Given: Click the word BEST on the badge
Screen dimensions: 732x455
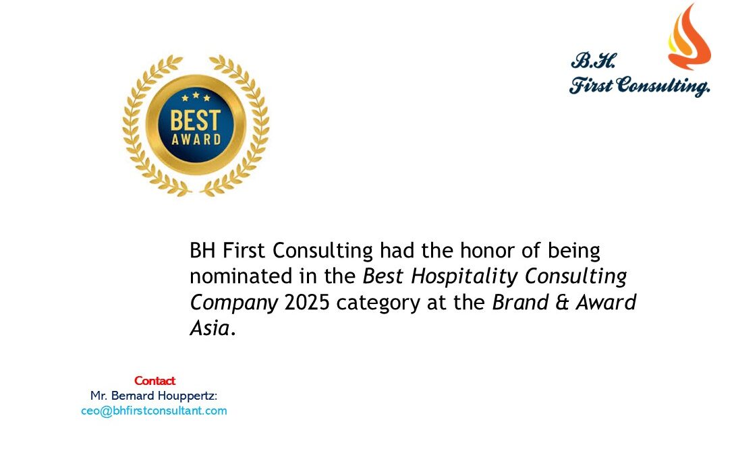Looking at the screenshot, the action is (x=195, y=121).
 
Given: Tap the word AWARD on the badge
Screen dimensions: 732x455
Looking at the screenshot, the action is (x=196, y=140).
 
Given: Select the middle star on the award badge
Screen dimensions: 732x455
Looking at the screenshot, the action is (x=196, y=95).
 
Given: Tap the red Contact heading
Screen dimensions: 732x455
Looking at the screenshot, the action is (x=154, y=381).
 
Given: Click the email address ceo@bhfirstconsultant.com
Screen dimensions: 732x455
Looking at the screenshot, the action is (x=154, y=411).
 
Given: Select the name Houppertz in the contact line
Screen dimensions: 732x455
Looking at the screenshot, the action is (x=187, y=396).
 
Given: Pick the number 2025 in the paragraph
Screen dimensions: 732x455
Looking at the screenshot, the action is (x=307, y=303).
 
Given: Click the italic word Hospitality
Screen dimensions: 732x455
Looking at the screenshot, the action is (x=464, y=277).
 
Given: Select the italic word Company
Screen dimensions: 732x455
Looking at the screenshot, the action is (x=234, y=303).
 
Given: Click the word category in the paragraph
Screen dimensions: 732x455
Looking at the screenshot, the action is (x=378, y=303).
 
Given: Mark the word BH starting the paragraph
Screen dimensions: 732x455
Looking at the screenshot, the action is (x=202, y=251).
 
